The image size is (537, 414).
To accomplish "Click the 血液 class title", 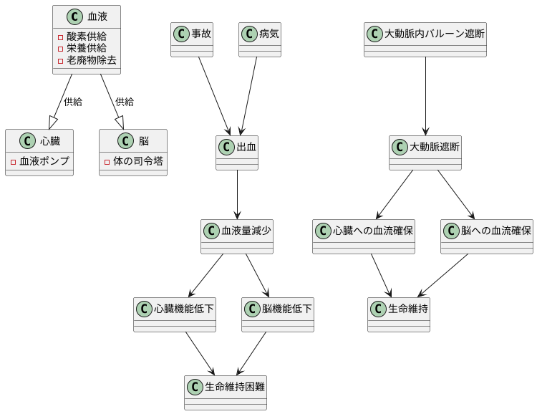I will click(x=97, y=16).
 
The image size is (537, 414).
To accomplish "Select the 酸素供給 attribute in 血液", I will click(x=86, y=37).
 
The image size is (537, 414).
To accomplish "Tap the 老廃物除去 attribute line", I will click(x=91, y=60).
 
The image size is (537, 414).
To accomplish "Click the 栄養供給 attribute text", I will click(x=86, y=48).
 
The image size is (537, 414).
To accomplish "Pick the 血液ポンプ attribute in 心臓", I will click(x=44, y=160).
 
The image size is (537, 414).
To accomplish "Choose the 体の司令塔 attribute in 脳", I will click(x=137, y=160).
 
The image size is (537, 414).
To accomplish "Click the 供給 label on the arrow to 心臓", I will click(x=73, y=102).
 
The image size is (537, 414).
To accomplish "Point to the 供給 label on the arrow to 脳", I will click(x=125, y=102).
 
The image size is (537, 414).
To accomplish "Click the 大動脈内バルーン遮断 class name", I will click(x=435, y=34).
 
